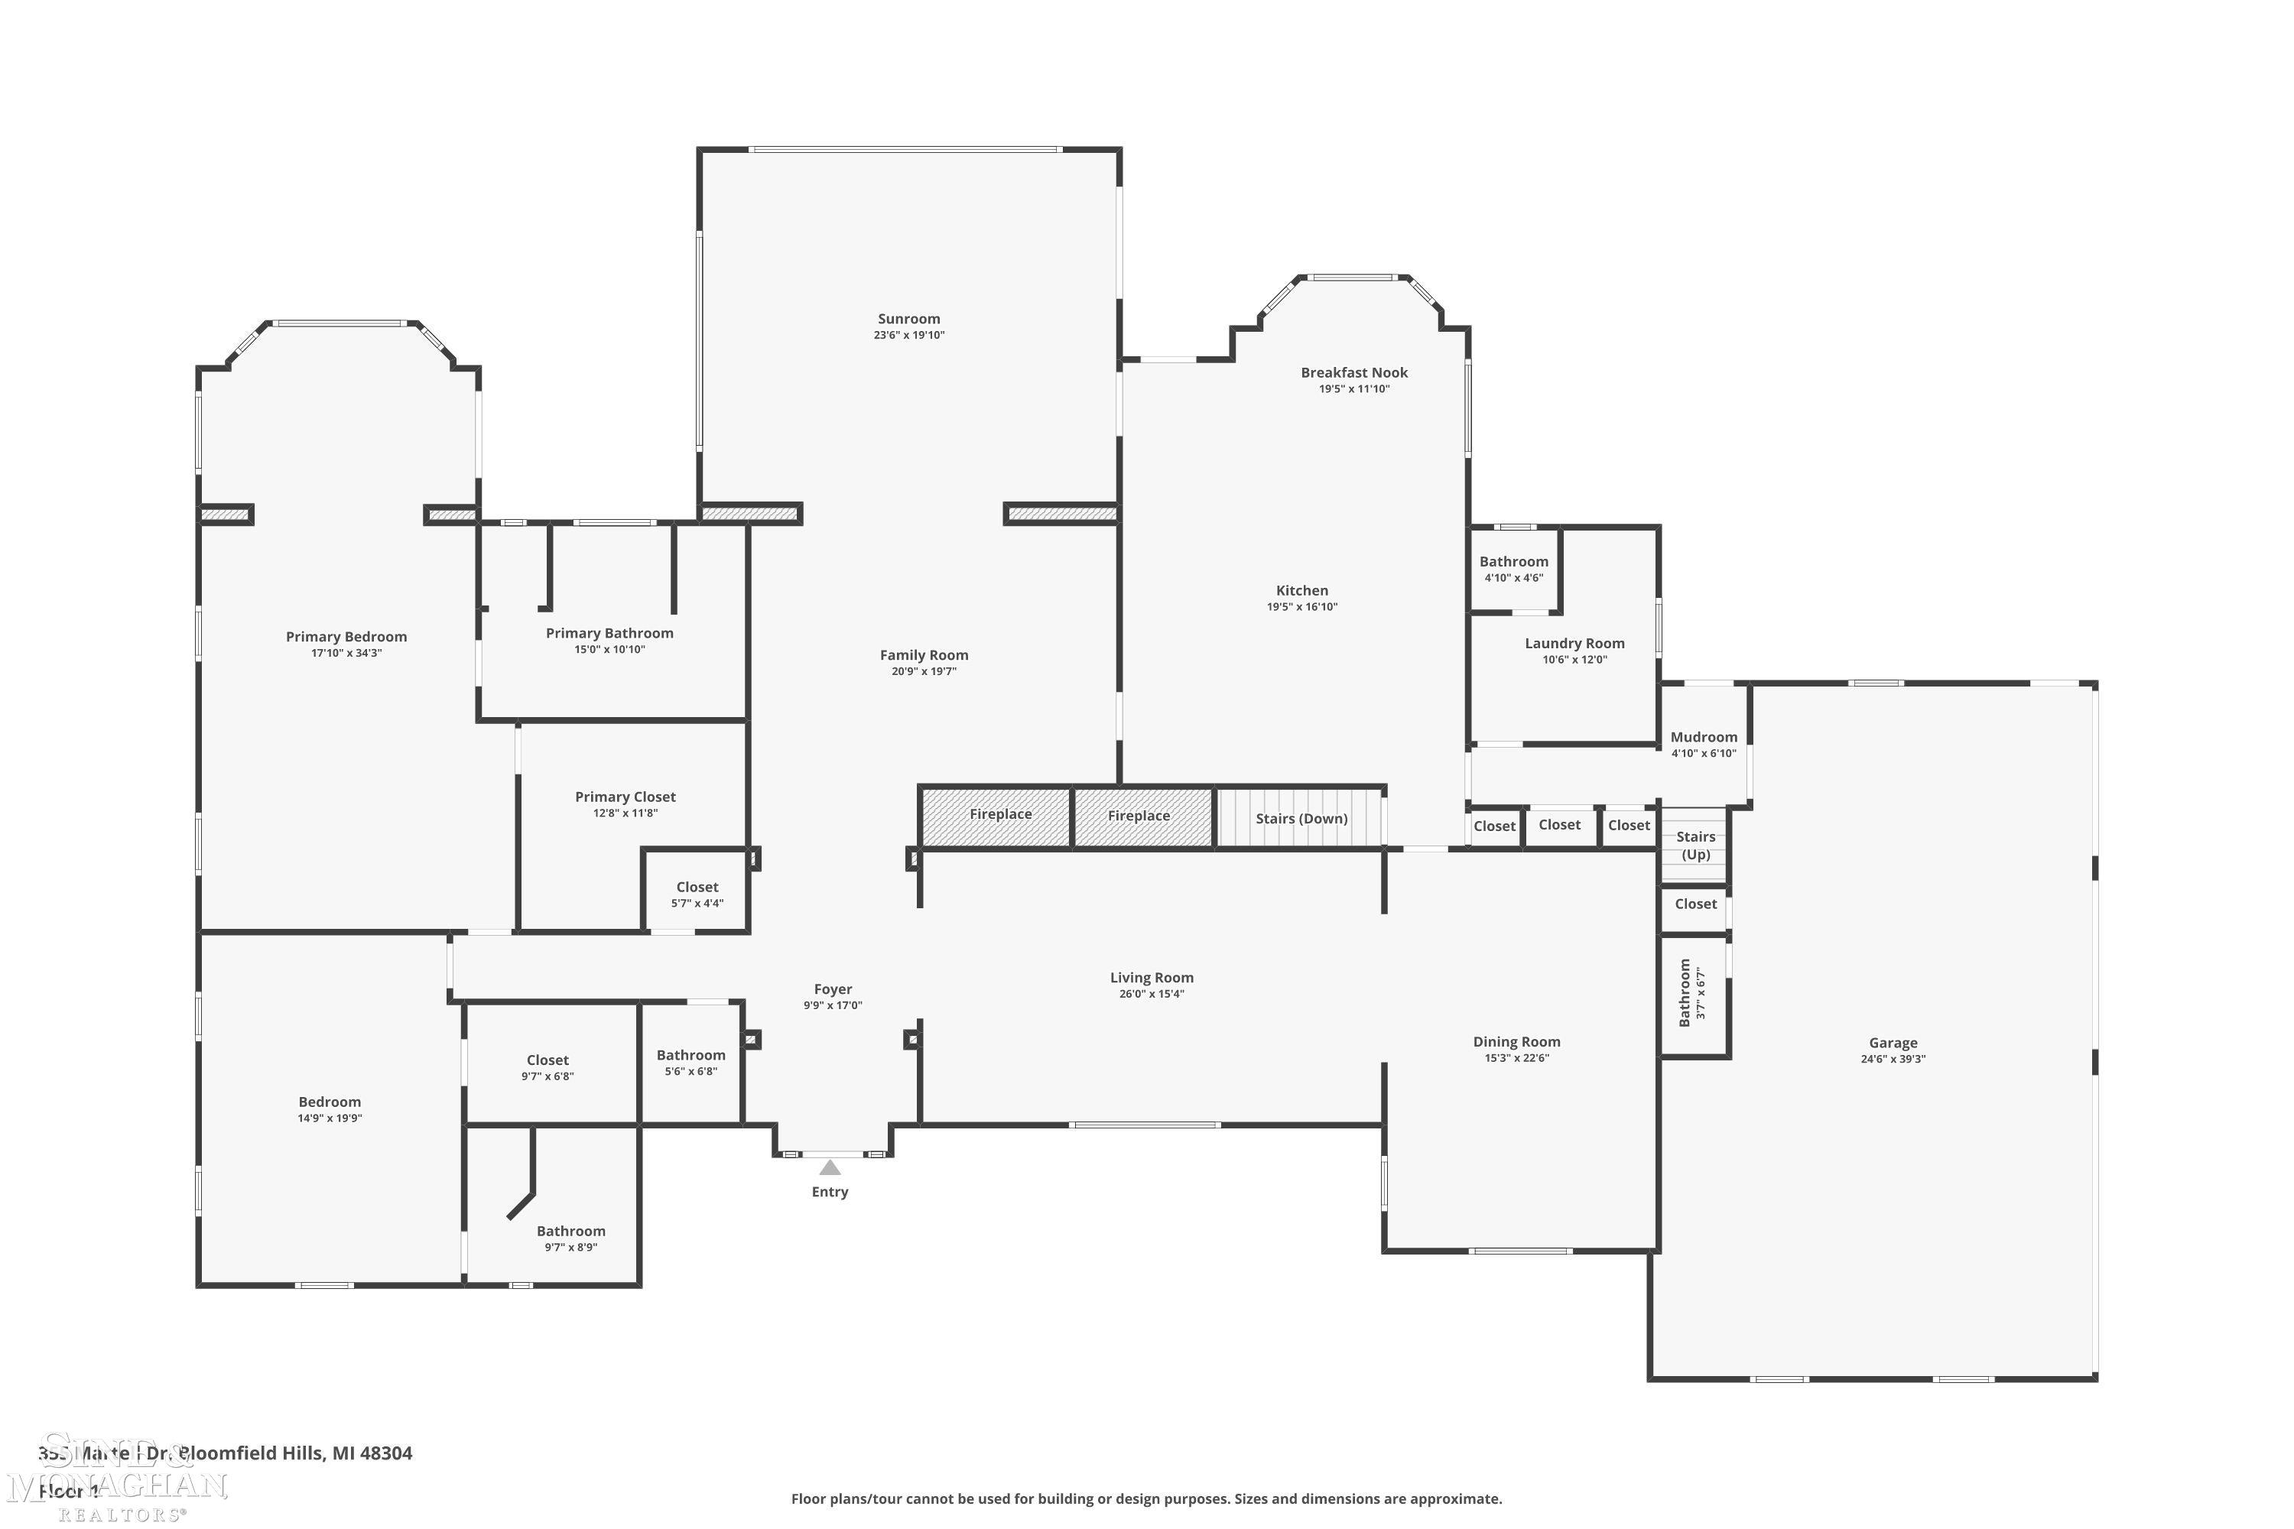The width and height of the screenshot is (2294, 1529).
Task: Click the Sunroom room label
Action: [x=908, y=319]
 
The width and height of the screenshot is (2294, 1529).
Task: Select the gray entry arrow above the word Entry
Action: [x=829, y=1167]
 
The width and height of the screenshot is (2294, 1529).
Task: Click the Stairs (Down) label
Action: [x=1301, y=818]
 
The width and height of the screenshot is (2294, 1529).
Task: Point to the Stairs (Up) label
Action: [x=1695, y=846]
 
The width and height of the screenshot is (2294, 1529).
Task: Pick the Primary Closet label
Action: [x=625, y=797]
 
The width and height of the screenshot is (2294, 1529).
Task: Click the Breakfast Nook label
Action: [x=1353, y=372]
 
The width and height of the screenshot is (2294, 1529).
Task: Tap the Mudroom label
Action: [x=1703, y=737]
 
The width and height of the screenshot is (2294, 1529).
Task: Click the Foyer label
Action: [x=833, y=988]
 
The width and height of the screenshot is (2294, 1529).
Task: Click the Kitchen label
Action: [x=1301, y=590]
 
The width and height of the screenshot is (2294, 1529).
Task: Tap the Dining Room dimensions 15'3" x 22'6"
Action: [x=1516, y=1058]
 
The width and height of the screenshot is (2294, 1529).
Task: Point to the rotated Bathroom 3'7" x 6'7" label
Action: [x=1691, y=992]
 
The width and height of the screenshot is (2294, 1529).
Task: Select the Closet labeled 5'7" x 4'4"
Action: [x=697, y=894]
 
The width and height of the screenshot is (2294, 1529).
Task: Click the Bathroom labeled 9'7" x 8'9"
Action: [x=570, y=1238]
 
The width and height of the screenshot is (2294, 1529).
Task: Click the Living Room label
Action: [x=1151, y=978]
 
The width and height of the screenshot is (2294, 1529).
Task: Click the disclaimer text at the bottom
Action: [x=1146, y=1498]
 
